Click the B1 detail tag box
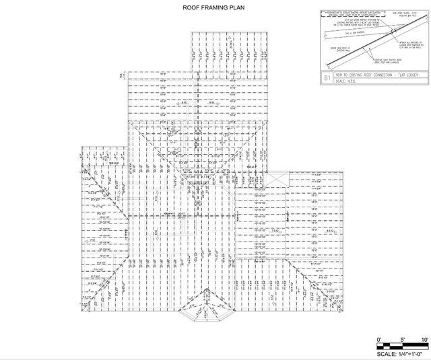click(x=328, y=79)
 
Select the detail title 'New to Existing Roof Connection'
click(x=368, y=77)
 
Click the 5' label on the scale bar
click(x=402, y=338)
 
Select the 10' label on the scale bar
click(x=424, y=338)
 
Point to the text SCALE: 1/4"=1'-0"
click(x=402, y=353)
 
